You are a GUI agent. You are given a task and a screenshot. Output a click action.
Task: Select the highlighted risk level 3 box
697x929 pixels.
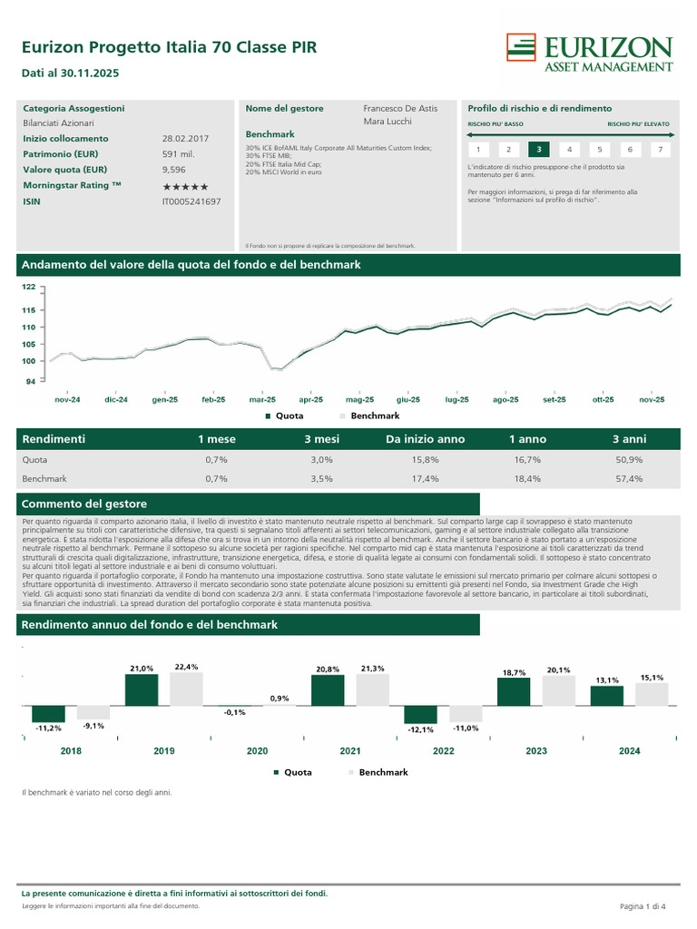click(538, 150)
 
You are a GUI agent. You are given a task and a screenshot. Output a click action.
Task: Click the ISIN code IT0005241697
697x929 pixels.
click(191, 201)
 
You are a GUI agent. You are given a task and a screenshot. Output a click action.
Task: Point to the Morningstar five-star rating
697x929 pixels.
click(185, 185)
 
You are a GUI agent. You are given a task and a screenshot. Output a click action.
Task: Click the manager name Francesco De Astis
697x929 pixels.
click(399, 108)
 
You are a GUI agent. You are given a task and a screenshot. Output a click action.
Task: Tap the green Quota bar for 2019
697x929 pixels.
click(141, 690)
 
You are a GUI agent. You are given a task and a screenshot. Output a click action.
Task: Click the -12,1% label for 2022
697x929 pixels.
click(420, 729)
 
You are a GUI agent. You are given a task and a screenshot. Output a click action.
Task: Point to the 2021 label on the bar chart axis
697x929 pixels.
click(350, 751)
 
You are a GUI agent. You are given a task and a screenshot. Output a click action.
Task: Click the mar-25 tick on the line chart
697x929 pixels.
click(262, 399)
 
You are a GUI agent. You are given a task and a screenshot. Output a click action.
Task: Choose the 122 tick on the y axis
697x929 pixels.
click(28, 288)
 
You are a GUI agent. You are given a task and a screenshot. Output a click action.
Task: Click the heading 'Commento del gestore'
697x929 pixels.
click(83, 504)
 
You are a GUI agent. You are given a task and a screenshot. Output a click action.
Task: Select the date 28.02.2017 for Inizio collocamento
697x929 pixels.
click(185, 139)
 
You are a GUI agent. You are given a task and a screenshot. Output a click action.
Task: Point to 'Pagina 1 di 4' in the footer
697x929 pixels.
click(643, 906)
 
